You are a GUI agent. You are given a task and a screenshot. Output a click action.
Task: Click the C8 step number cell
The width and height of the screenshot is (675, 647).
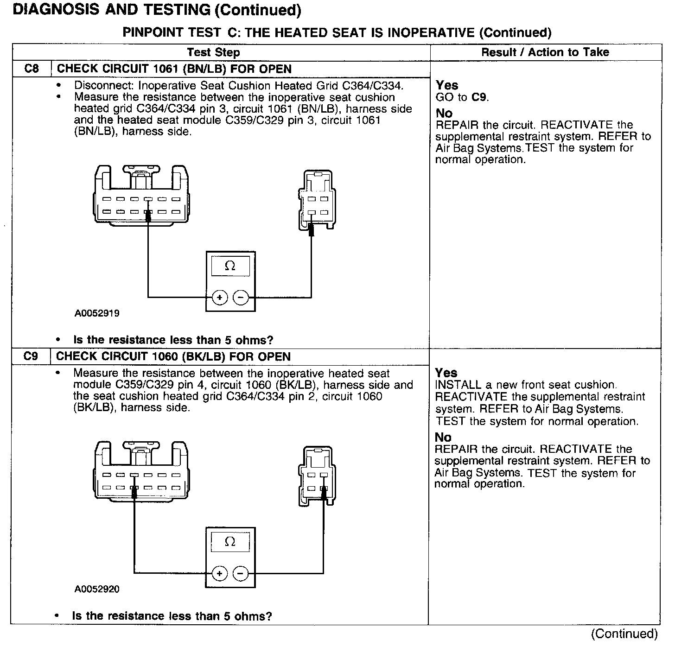[32, 69]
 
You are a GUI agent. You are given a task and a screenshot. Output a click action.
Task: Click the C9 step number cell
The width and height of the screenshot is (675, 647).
[31, 356]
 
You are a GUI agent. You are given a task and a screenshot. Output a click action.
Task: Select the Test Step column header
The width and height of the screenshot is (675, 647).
[213, 52]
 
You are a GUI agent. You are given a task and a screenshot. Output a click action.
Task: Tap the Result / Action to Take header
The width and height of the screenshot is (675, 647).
[545, 52]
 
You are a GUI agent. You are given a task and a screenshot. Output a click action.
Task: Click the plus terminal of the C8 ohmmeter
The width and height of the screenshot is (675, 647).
[219, 297]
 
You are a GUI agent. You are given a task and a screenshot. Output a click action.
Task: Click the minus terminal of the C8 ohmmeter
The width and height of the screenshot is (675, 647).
[241, 297]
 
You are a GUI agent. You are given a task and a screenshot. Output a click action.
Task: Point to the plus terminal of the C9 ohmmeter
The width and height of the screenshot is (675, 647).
[219, 574]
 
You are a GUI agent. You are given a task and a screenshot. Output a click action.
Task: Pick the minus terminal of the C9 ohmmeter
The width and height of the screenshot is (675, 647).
[241, 574]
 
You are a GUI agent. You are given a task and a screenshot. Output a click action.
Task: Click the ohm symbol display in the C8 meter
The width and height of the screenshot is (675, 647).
[230, 266]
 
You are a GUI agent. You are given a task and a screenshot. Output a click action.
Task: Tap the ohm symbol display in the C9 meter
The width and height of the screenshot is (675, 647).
[230, 542]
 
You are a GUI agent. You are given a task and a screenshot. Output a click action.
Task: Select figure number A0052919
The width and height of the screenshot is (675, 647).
[97, 313]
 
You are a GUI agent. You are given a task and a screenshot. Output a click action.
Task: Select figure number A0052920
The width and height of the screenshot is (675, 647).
[97, 589]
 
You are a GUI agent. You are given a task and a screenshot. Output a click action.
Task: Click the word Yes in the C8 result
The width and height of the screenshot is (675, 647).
[447, 85]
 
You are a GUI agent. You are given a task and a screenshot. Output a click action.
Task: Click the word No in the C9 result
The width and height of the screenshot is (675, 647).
[443, 437]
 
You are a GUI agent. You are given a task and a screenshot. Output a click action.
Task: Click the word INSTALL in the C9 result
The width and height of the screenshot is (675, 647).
[458, 385]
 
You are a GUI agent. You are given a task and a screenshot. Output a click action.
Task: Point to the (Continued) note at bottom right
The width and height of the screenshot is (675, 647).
[624, 634]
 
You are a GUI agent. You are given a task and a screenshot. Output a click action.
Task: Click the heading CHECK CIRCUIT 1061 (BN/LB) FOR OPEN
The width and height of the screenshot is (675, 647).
[174, 69]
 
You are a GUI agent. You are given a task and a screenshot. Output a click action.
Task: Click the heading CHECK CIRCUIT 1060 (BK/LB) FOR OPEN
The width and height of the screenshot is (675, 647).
[173, 356]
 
